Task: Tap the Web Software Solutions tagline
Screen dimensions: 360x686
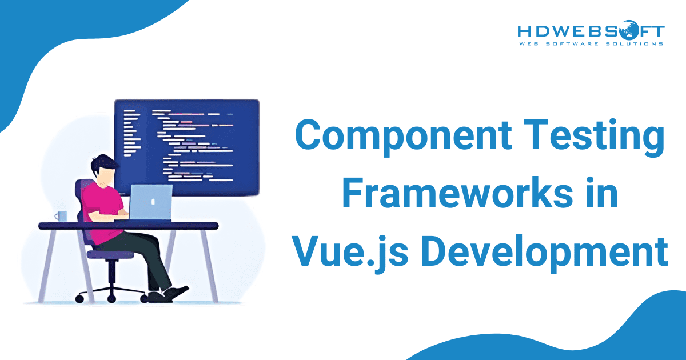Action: (591, 43)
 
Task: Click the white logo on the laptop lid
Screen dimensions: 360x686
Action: (152, 201)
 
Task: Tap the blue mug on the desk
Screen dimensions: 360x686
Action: (61, 217)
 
